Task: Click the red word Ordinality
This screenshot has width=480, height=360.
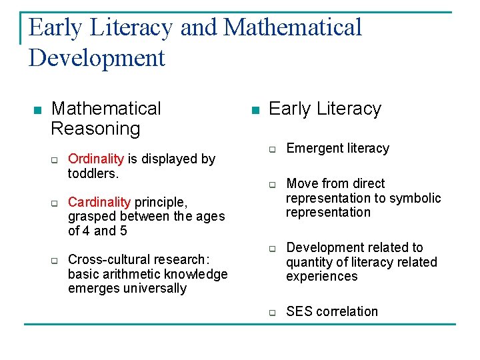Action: point(96,159)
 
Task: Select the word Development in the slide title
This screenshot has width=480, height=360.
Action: point(97,57)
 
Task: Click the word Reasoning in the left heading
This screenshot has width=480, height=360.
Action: point(95,128)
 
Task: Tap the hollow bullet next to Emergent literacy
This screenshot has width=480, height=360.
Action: point(272,149)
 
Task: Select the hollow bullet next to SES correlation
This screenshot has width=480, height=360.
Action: point(272,313)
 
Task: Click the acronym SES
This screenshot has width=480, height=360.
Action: point(299,311)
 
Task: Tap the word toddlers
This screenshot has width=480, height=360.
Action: point(92,173)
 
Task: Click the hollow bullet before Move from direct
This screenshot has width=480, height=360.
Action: point(272,185)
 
